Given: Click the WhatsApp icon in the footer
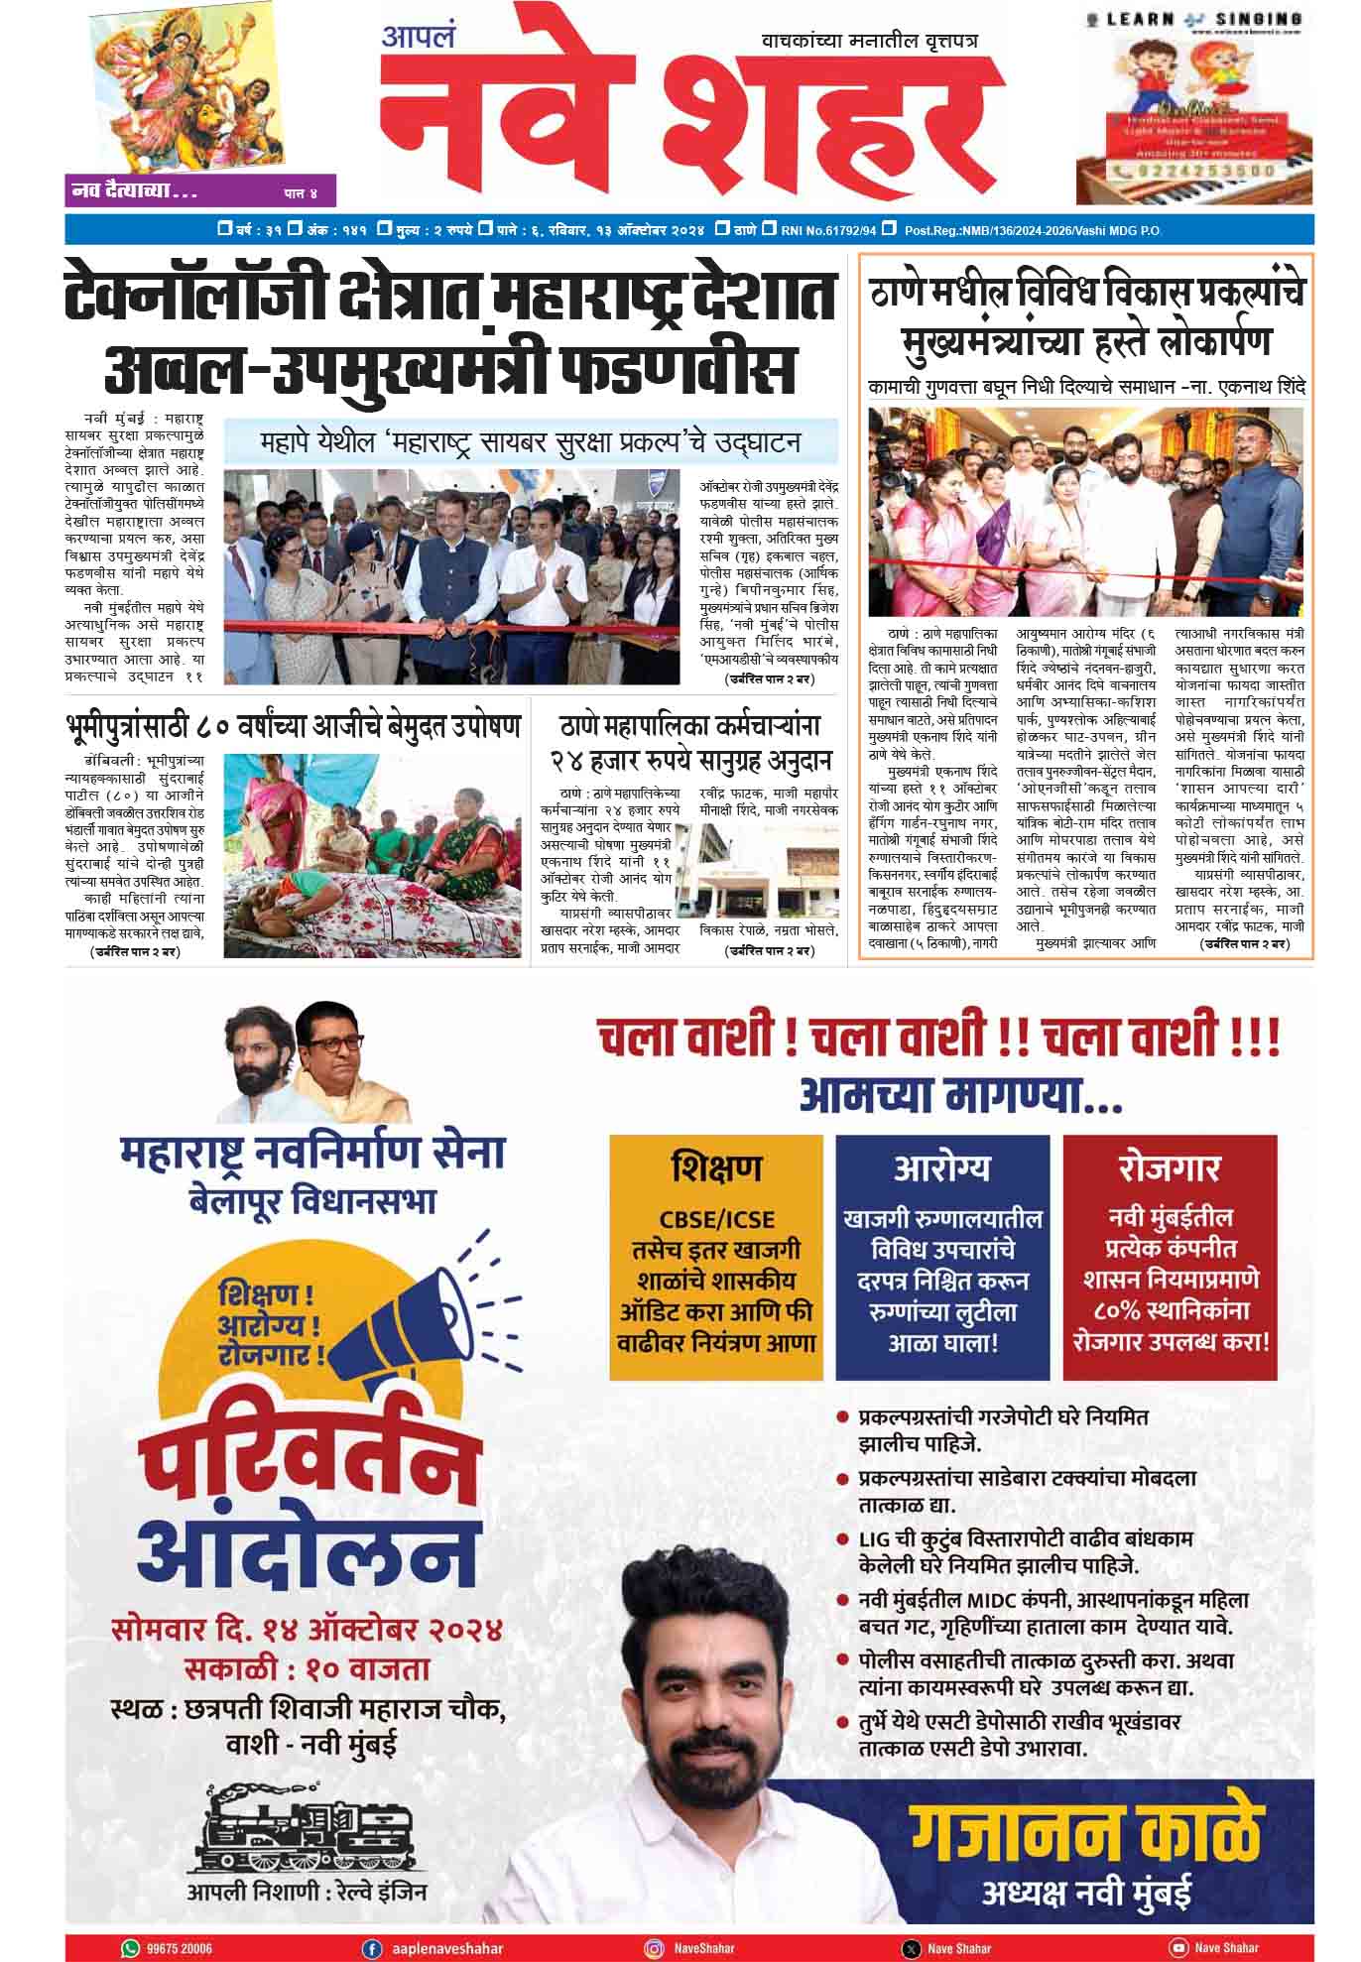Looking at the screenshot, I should point(130,1948).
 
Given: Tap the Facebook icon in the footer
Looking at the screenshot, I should point(373,1948).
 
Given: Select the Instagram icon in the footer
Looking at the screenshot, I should point(654,1948).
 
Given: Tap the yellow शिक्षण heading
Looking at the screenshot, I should point(716,1167).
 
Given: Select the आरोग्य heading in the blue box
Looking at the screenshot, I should point(941,1167).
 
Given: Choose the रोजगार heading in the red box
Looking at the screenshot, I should point(1170,1167).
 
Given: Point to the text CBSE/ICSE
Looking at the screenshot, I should point(716,1219).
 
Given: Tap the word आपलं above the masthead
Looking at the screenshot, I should point(419,37).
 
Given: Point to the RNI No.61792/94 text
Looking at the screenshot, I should point(828,230).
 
